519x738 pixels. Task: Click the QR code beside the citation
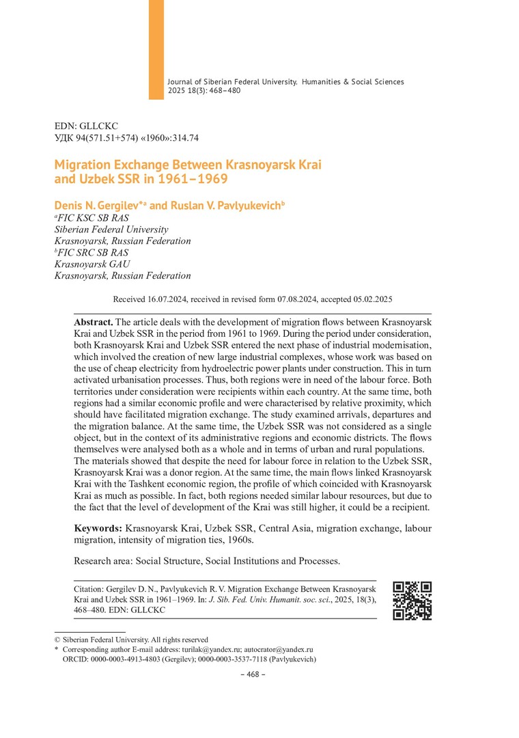tap(412, 600)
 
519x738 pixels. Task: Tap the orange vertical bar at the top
tap(156, 49)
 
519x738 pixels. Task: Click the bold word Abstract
tap(94, 322)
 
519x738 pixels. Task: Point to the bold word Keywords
tap(98, 528)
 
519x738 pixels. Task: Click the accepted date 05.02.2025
tap(373, 299)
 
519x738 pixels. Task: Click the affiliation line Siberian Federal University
tap(111, 229)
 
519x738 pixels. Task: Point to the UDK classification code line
tap(126, 138)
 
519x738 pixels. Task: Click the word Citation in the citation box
tap(92, 588)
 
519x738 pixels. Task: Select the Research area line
tap(206, 561)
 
